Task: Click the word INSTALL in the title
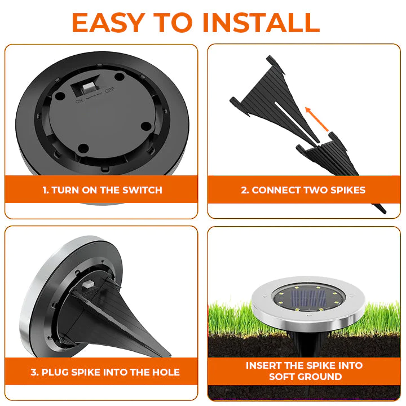click(x=261, y=22)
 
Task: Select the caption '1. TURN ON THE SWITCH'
click(x=102, y=190)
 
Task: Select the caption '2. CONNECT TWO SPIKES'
click(x=303, y=190)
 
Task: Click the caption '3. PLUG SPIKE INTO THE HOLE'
click(x=105, y=372)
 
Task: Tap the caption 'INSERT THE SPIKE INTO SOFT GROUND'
click(x=304, y=371)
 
